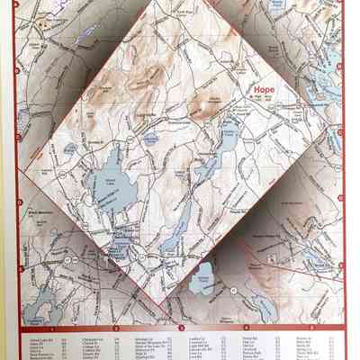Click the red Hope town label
(264, 90)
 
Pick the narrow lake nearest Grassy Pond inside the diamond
(184, 220)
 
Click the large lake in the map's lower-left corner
(40, 310)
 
